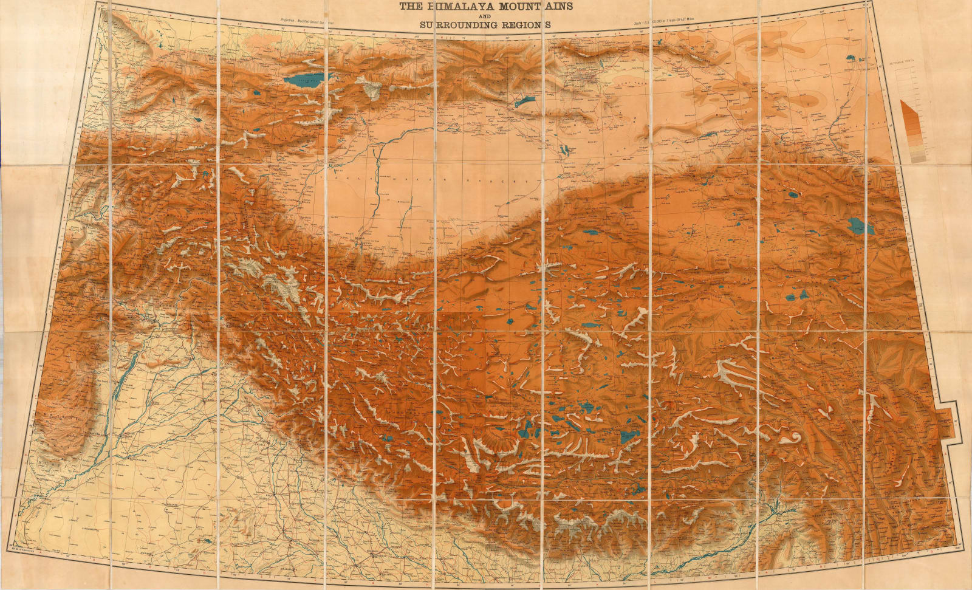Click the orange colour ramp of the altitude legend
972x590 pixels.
(x=909, y=125)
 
